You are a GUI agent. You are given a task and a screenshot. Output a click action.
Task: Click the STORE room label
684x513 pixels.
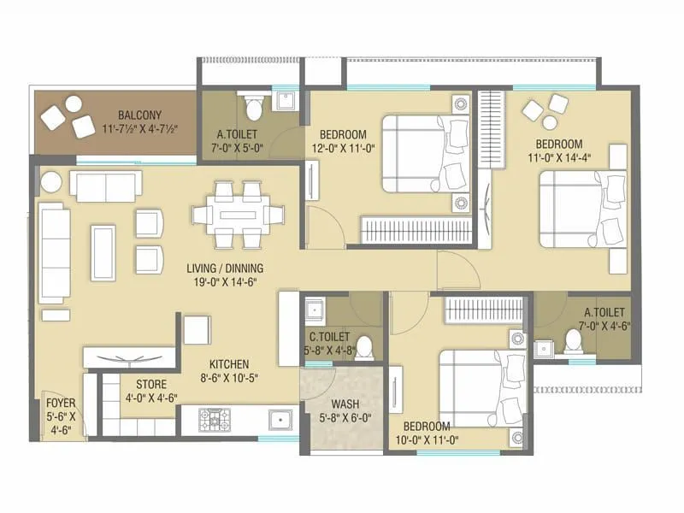coord(151,385)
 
